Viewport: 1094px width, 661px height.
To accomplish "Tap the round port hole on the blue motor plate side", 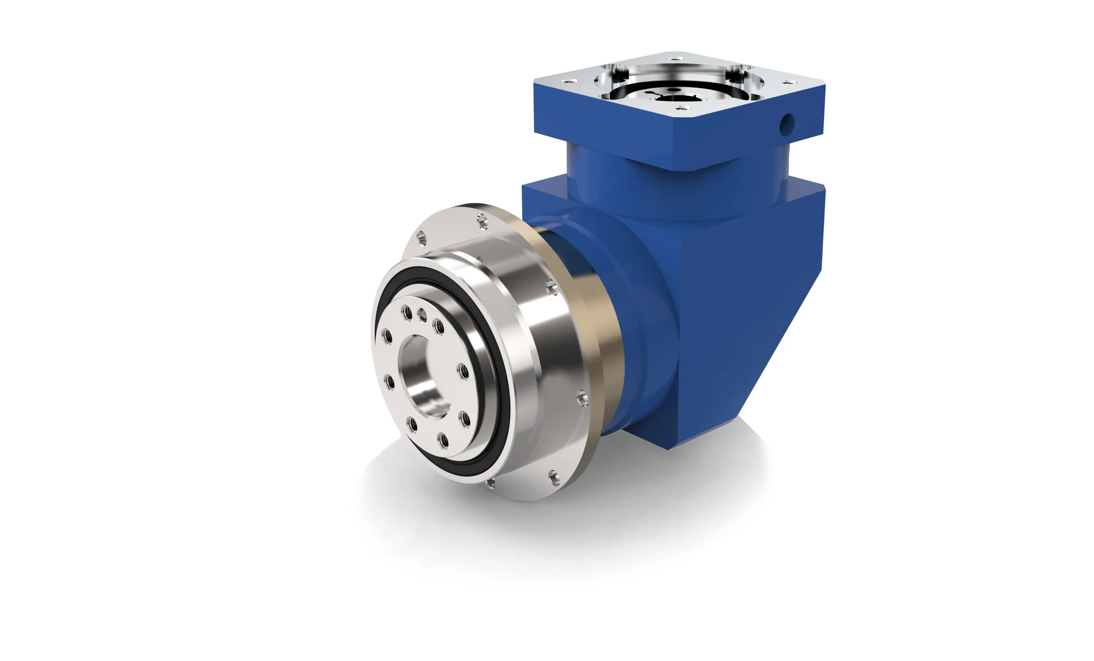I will (x=787, y=124).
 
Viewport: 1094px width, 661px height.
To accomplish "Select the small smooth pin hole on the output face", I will (x=422, y=316).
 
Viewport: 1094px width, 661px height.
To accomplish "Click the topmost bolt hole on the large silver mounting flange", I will (x=482, y=220).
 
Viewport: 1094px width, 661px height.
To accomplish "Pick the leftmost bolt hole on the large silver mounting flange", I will (x=421, y=239).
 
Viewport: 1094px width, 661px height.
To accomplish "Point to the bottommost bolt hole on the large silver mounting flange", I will (x=491, y=483).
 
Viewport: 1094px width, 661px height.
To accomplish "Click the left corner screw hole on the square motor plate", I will (x=570, y=81).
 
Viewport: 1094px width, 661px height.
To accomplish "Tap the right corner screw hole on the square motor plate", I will (x=788, y=82).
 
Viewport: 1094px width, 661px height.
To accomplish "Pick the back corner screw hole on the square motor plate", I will (x=676, y=58).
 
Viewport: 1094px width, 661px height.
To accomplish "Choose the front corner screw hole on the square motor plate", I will (x=682, y=107).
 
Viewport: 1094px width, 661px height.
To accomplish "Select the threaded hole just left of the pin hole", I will (x=406, y=312).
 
